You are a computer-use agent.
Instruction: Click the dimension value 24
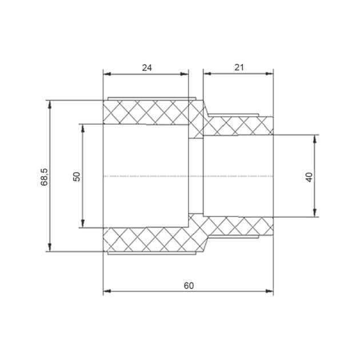[147, 68]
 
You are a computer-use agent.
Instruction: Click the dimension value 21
[239, 67]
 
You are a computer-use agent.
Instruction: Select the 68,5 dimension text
[44, 177]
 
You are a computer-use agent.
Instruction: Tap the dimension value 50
[77, 177]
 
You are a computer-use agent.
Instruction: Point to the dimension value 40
[309, 177]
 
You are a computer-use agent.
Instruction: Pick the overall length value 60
[189, 286]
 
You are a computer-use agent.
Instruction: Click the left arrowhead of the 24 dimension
[107, 74]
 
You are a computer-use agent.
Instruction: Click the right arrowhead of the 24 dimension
[184, 74]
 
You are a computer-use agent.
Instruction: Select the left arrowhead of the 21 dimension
[207, 74]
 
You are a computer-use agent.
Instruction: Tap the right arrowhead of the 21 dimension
[269, 74]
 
